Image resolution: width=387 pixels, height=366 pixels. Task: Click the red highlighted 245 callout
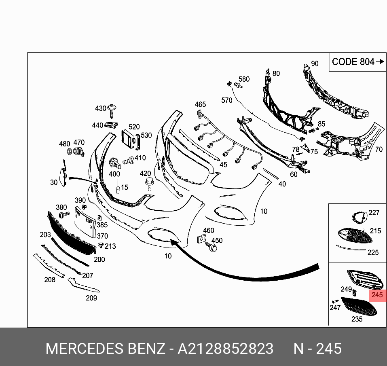tap(376, 295)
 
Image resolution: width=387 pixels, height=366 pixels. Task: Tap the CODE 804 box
tap(357, 62)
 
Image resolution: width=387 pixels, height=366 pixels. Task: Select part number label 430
tap(101, 108)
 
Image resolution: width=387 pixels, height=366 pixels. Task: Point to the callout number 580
tap(244, 79)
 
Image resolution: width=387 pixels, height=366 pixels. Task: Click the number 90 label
tap(315, 63)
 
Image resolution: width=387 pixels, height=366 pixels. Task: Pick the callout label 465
tap(200, 105)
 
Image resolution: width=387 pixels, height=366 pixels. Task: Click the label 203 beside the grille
tap(45, 235)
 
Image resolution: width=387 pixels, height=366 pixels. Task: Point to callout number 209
tap(91, 298)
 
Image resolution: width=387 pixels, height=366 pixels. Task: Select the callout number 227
tap(374, 213)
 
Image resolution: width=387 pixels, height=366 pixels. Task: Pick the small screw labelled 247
tap(335, 301)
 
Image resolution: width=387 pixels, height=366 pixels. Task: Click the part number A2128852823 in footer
tap(225, 348)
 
